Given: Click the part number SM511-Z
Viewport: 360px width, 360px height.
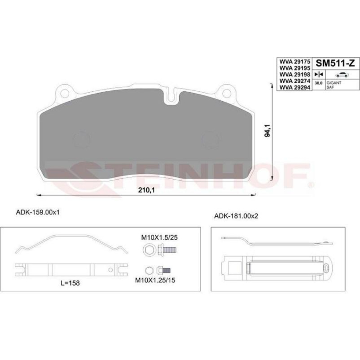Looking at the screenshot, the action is [336, 63].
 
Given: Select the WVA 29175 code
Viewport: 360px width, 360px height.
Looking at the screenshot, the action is [294, 62].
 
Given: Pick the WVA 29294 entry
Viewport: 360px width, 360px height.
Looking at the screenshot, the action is [294, 88].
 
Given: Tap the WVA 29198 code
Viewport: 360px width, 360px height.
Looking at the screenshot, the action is [294, 75].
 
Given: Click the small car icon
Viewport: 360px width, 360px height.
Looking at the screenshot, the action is [342, 75].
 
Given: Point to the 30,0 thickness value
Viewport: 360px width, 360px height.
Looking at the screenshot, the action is [318, 83].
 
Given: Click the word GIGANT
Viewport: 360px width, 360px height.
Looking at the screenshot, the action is [334, 83].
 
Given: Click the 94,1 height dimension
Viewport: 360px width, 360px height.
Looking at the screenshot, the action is [268, 130].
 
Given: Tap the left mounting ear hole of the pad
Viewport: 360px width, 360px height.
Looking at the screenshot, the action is [64, 94].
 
